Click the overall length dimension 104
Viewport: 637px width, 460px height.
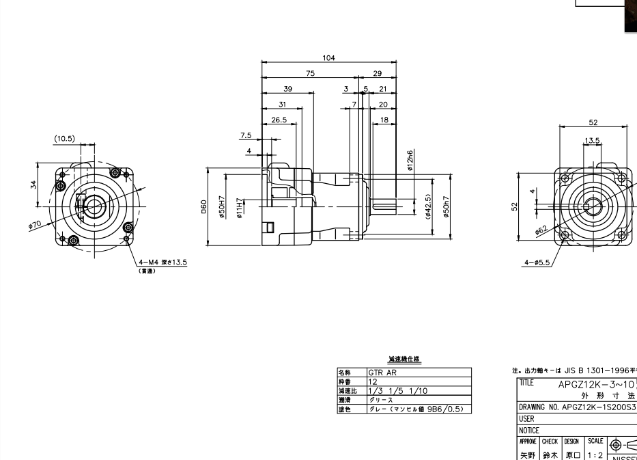[x=328, y=58]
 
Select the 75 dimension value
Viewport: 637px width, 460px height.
[x=311, y=73]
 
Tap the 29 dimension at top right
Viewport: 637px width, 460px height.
[x=378, y=73]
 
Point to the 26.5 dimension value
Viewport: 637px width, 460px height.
[x=279, y=119]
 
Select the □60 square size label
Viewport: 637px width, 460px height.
[x=202, y=206]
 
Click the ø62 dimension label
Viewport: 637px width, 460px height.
[x=542, y=231]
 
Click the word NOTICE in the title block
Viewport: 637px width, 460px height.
[x=530, y=431]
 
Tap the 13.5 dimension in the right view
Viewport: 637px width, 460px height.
[x=592, y=141]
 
